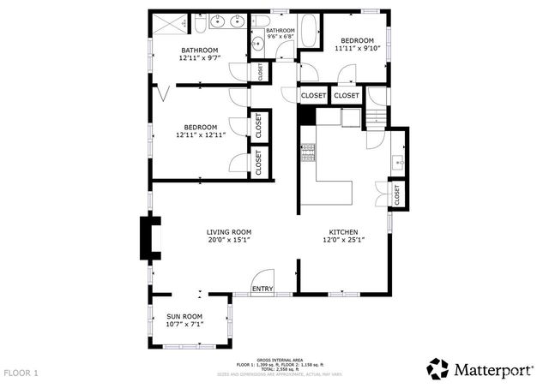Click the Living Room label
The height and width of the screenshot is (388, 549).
pyautogui.click(x=228, y=232)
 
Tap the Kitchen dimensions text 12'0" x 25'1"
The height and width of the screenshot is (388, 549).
pyautogui.click(x=343, y=241)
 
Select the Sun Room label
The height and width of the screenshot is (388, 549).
pyautogui.click(x=184, y=317)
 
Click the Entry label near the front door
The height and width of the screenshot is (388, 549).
pyautogui.click(x=262, y=289)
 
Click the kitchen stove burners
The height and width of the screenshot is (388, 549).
pyautogui.click(x=308, y=152)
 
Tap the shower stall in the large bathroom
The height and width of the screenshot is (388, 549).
pyautogui.click(x=171, y=23)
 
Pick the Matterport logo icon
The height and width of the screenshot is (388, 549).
pyautogui.click(x=438, y=368)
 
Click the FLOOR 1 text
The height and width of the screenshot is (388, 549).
pyautogui.click(x=21, y=373)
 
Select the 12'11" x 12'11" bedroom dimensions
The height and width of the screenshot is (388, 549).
pyautogui.click(x=200, y=134)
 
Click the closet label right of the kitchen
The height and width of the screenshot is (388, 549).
pyautogui.click(x=397, y=195)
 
